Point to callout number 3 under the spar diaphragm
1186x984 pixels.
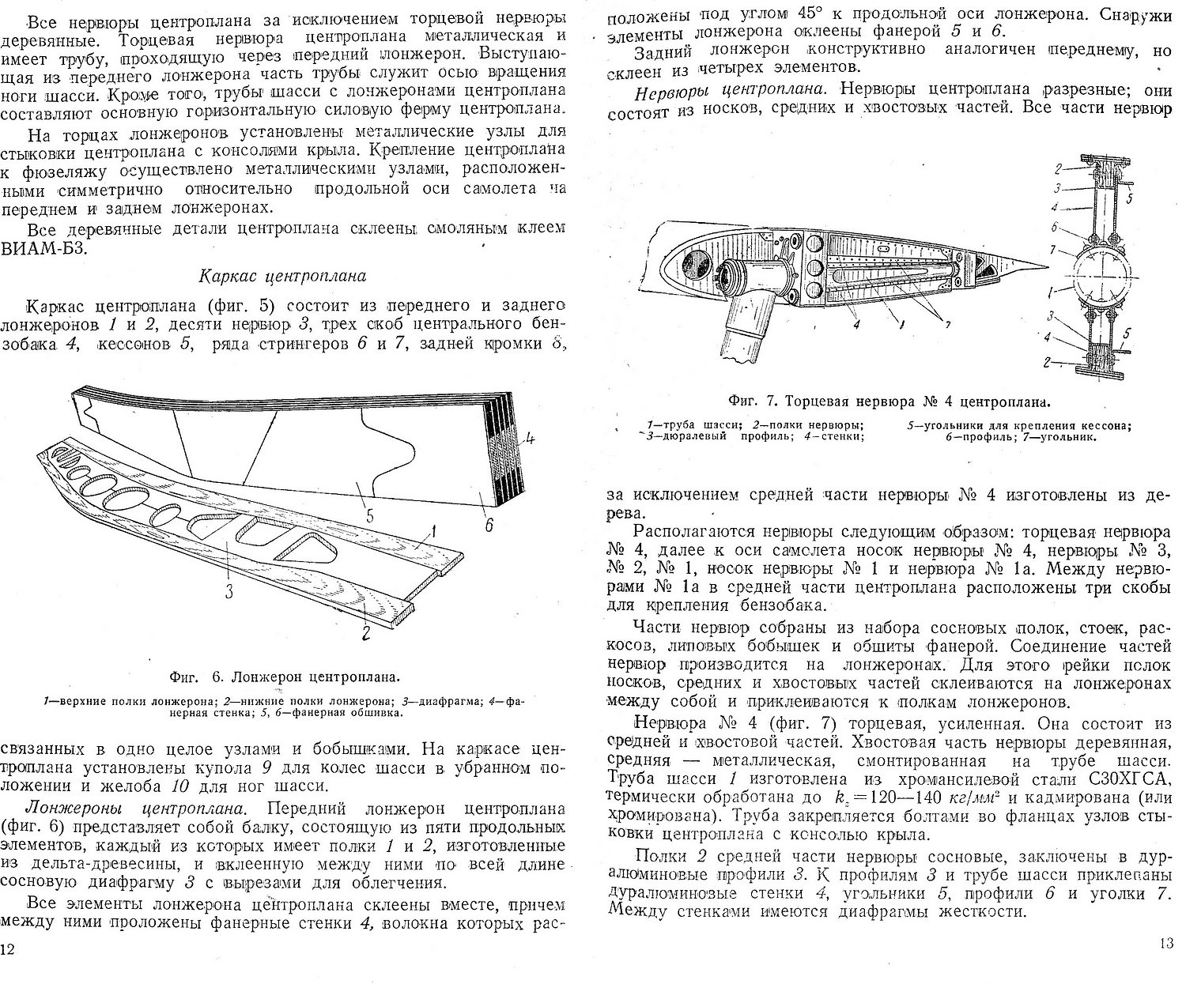228,591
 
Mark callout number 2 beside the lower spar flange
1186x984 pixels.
364,632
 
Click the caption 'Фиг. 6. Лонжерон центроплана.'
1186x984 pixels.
284,677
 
